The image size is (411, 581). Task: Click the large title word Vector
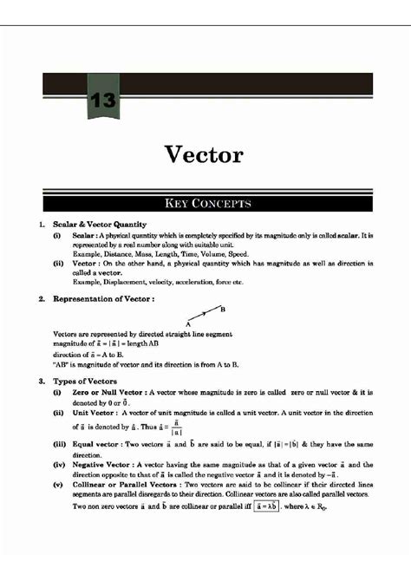click(x=205, y=155)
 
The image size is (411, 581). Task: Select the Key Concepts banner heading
click(x=205, y=204)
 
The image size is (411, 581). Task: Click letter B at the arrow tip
click(x=223, y=309)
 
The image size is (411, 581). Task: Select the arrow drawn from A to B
click(x=205, y=315)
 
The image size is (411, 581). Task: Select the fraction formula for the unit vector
click(x=177, y=428)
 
